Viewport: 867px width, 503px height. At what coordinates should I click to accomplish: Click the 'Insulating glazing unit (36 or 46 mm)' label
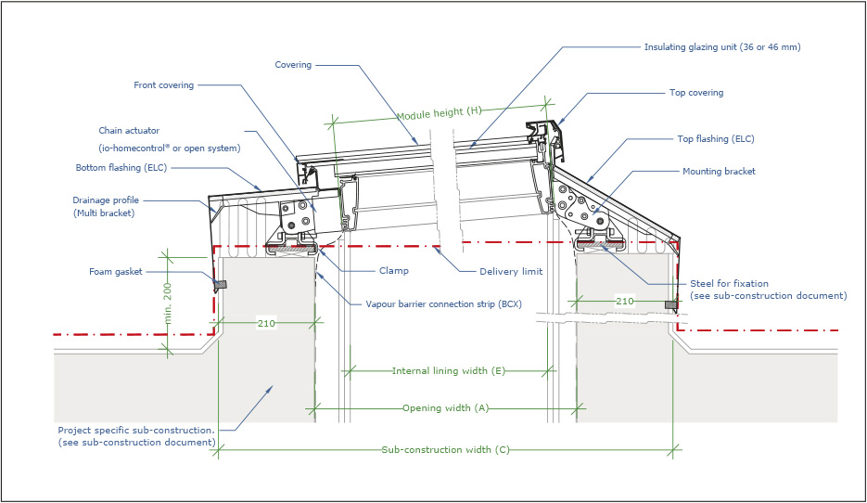(x=721, y=45)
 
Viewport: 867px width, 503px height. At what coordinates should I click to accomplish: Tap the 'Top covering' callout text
(x=695, y=93)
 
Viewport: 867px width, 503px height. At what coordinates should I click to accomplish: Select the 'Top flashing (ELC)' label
(x=715, y=139)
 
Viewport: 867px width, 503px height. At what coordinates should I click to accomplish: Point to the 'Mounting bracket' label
(x=719, y=172)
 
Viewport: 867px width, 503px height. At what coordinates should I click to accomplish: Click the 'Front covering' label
(x=164, y=85)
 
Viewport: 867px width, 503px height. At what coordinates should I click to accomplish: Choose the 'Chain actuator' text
(x=129, y=131)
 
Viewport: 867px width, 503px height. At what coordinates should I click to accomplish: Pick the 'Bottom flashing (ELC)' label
(x=120, y=168)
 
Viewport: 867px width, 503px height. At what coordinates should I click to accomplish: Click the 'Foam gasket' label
(x=117, y=271)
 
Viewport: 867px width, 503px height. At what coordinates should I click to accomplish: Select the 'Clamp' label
(x=393, y=271)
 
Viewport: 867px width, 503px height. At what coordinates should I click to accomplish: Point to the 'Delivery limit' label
(x=510, y=271)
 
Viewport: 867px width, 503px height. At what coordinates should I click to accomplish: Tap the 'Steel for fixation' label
(x=729, y=283)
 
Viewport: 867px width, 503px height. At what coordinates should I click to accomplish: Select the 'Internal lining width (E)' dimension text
(x=448, y=370)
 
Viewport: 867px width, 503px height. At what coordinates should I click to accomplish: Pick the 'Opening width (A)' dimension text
(x=445, y=407)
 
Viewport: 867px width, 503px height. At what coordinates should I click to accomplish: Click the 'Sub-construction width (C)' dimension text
(x=445, y=450)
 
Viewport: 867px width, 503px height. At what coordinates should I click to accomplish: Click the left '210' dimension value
(x=266, y=323)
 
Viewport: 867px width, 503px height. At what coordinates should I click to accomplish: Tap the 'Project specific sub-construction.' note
(x=135, y=431)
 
